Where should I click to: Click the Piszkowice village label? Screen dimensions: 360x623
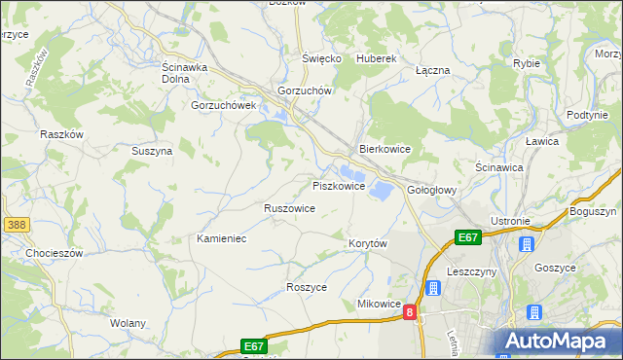(339, 185)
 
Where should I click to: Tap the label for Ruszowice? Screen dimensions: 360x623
(289, 208)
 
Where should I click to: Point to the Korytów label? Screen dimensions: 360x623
(368, 243)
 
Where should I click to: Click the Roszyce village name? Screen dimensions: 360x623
(307, 287)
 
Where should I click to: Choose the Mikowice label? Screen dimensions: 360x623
(380, 304)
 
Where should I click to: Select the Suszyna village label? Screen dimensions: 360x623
(152, 151)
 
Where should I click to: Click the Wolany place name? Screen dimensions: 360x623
(128, 323)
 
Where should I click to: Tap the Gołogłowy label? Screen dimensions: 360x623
(431, 190)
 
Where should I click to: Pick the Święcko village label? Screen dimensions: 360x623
(321, 58)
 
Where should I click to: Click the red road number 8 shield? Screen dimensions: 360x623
(410, 312)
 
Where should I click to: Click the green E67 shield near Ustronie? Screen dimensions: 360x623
(468, 236)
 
